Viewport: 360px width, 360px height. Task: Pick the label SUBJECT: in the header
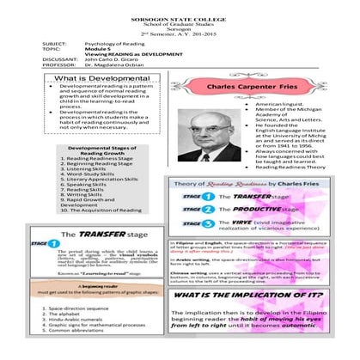pyautogui.click(x=54, y=40)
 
